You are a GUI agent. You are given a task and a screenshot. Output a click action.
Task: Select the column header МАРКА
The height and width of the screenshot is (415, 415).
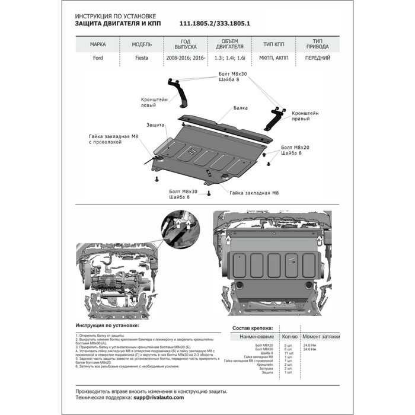click(98, 44)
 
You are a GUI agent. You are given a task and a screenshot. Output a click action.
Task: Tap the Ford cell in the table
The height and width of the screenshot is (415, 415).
click(98, 59)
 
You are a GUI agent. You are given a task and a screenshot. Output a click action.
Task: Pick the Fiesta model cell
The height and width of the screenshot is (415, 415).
click(142, 59)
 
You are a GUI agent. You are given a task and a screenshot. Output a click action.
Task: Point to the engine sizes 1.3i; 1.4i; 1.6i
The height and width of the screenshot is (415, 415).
click(228, 59)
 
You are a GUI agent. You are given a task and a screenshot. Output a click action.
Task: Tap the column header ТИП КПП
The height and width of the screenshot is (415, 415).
click(272, 44)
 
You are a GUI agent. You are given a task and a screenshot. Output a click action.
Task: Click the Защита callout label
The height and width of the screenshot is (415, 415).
click(155, 125)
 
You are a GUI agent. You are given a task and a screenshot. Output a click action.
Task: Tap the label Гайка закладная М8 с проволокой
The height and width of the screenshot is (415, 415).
click(113, 139)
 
